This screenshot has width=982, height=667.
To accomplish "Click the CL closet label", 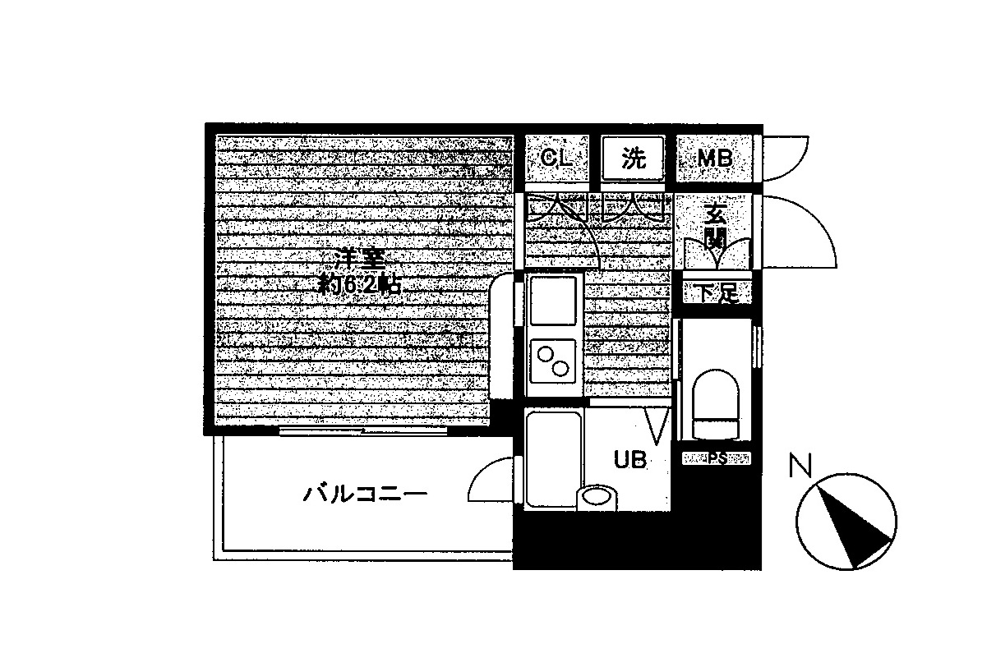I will (x=557, y=158).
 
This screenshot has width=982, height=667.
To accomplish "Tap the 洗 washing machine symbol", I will (x=633, y=158).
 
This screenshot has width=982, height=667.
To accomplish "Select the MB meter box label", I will (x=714, y=159).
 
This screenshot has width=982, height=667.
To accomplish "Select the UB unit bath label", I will (x=630, y=460).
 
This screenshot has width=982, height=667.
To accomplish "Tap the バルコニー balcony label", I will (x=365, y=494).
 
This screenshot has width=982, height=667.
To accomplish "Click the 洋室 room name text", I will (x=359, y=260).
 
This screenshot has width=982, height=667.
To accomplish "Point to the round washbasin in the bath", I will (x=595, y=497).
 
